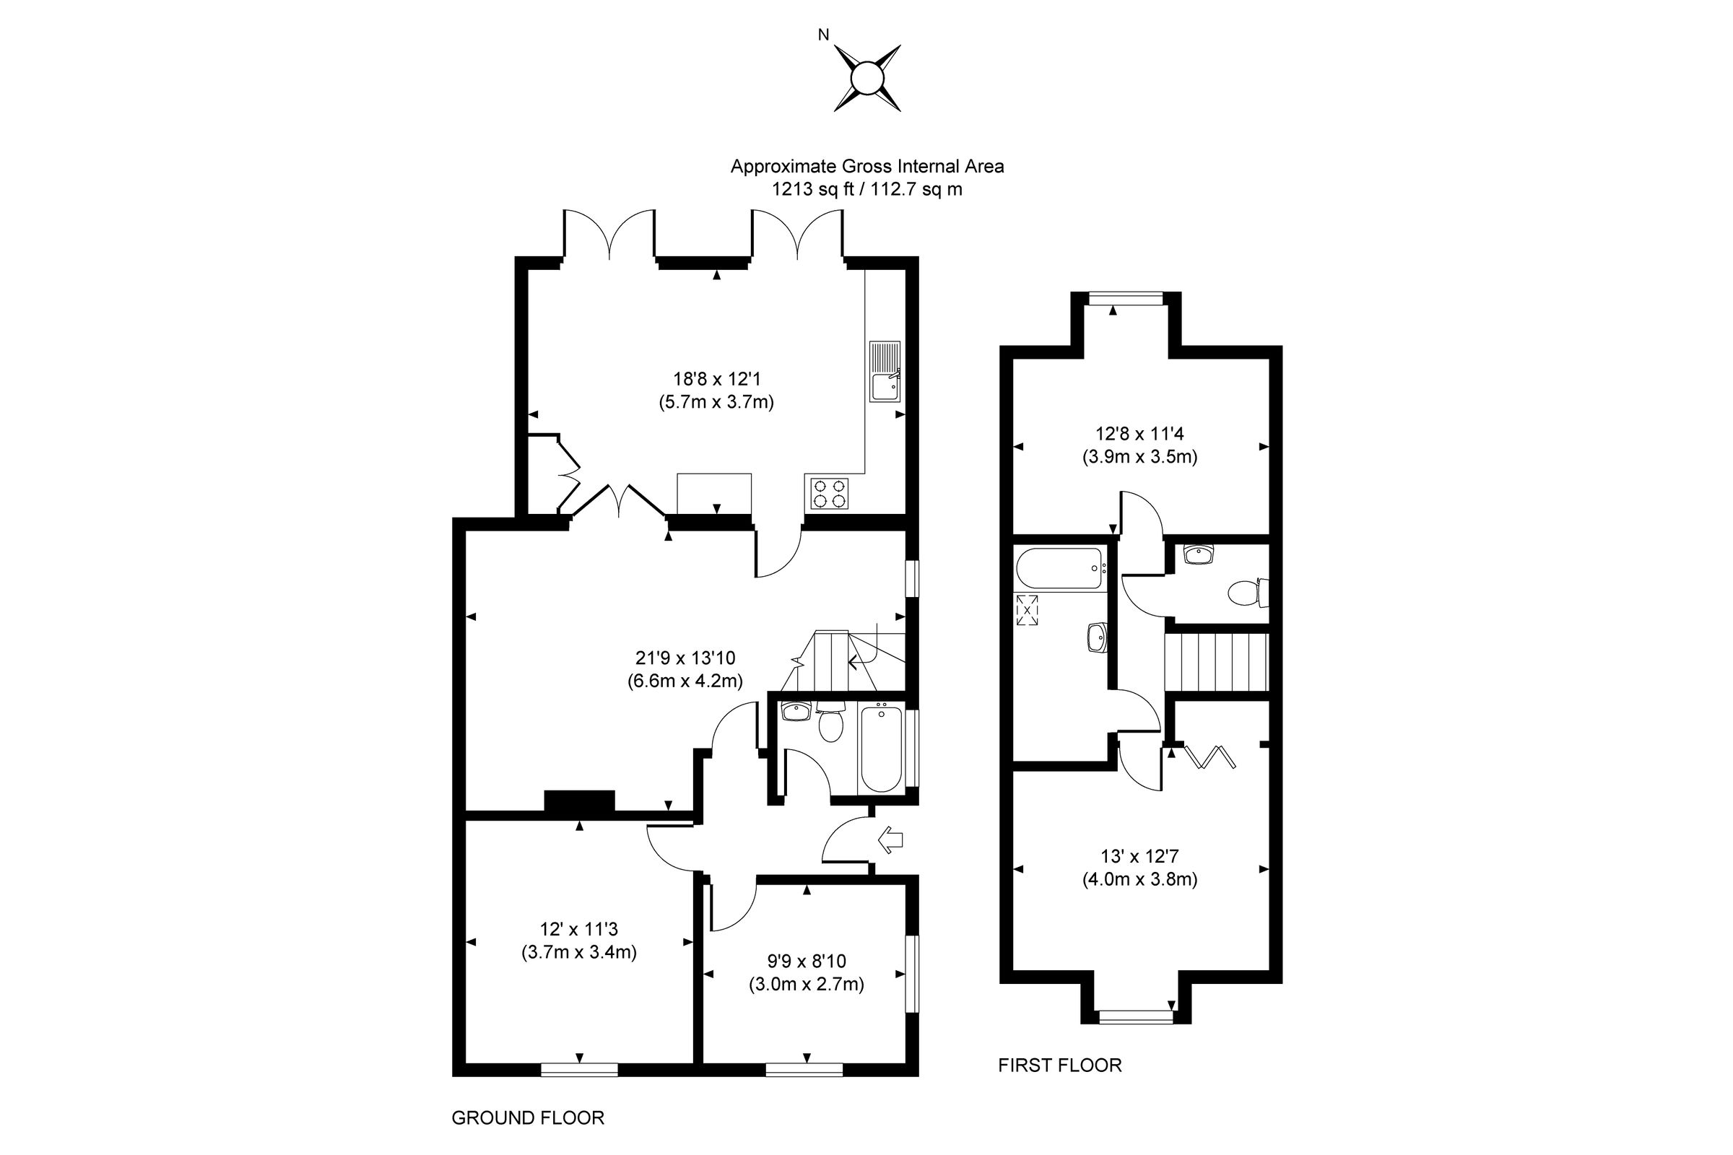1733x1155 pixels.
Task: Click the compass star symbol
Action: point(867,78)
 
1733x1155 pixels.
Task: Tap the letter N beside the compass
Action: point(824,35)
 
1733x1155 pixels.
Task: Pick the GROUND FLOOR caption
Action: point(528,1118)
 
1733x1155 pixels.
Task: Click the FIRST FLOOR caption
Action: point(1059,1065)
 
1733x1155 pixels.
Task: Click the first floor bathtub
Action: point(1059,569)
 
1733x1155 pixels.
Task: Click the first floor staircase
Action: point(1216,662)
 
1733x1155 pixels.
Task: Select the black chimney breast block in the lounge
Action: point(579,801)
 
